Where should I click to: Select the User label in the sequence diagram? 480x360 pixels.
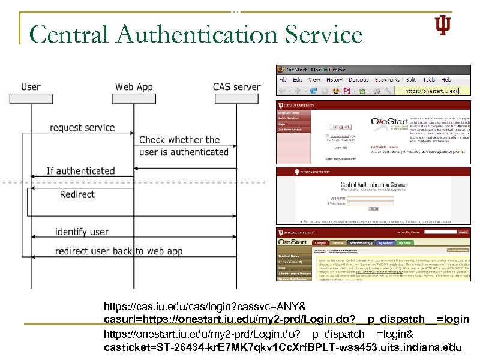click(x=31, y=87)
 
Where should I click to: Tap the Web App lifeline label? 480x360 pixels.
click(x=134, y=87)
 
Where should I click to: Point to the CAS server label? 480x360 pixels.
click(x=236, y=87)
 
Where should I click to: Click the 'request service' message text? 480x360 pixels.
click(x=82, y=127)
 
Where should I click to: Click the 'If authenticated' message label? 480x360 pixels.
click(x=80, y=172)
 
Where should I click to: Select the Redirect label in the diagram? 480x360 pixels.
click(x=77, y=194)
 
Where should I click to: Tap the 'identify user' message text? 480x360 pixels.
click(x=82, y=232)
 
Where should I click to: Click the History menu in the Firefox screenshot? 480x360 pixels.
click(x=335, y=80)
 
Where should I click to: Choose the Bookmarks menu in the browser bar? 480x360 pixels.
click(x=389, y=80)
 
